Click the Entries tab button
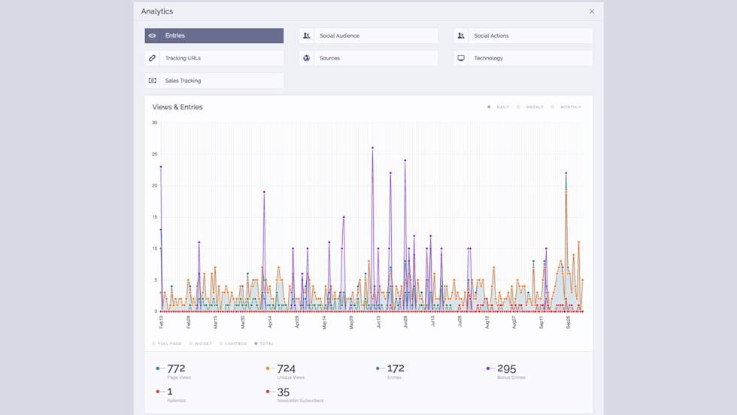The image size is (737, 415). pyautogui.click(x=214, y=35)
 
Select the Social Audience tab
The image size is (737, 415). pyautogui.click(x=368, y=35)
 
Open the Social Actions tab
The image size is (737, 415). pyautogui.click(x=523, y=35)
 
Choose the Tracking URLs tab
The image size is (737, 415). pyautogui.click(x=214, y=58)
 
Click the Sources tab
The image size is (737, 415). pyautogui.click(x=368, y=58)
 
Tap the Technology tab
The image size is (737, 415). pyautogui.click(x=523, y=58)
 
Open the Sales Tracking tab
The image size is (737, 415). pyautogui.click(x=214, y=81)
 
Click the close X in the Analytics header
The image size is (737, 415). pyautogui.click(x=592, y=11)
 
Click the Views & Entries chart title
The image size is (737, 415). pyautogui.click(x=177, y=107)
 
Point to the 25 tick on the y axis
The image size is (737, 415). pyautogui.click(x=154, y=154)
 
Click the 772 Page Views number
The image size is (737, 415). pyautogui.click(x=176, y=368)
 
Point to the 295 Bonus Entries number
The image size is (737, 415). pyautogui.click(x=506, y=368)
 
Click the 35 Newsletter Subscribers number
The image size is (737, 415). pyautogui.click(x=283, y=392)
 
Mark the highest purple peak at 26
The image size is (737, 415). pyautogui.click(x=372, y=148)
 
